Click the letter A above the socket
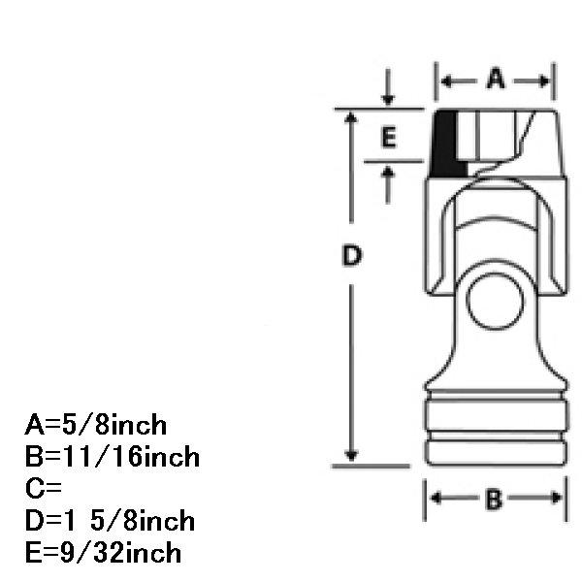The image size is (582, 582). [x=496, y=79]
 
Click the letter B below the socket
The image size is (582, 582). [x=494, y=500]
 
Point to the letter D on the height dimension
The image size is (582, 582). [x=351, y=255]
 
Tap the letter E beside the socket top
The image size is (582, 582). [x=389, y=138]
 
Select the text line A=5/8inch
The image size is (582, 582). [x=96, y=425]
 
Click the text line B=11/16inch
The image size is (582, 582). [x=113, y=457]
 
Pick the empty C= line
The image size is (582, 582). [x=44, y=488]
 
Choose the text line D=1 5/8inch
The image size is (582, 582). [x=110, y=520]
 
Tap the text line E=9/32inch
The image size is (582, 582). [x=103, y=552]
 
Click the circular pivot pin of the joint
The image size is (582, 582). [x=495, y=301]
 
